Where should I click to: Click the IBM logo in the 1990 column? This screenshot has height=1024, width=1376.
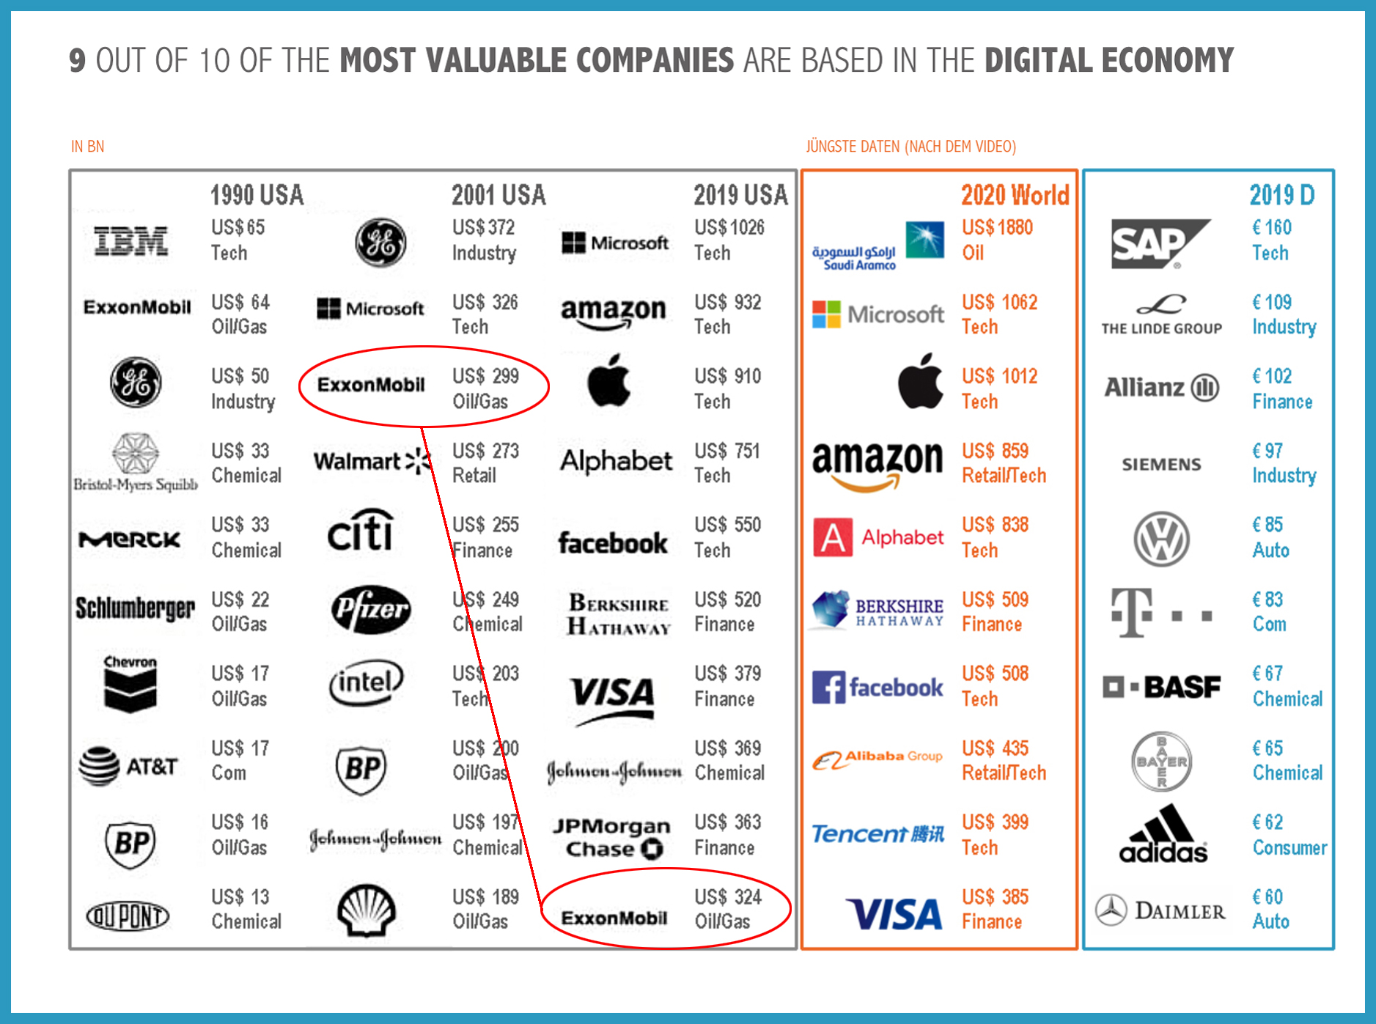coord(131,241)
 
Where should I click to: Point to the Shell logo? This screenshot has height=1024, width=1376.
coord(366,910)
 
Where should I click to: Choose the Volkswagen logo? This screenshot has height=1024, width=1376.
coord(1161,539)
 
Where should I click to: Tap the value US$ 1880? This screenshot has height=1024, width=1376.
coord(997,228)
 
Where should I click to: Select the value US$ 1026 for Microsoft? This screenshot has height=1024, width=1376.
coord(729,228)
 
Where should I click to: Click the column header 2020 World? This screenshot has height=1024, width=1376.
coord(1015,196)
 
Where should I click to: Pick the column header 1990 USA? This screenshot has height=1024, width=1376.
coord(257,196)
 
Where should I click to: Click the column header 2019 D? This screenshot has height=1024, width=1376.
coord(1281,196)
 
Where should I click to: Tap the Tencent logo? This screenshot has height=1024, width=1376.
coord(878,834)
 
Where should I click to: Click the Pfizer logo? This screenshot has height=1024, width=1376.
coord(370,609)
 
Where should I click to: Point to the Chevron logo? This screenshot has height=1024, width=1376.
coord(130,683)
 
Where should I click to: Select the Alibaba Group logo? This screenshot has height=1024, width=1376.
coord(877,759)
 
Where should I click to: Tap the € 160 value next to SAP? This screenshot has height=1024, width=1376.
coord(1271,228)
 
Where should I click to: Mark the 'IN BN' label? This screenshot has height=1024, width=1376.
coord(87,147)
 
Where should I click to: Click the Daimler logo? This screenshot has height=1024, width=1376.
coord(1160,911)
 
